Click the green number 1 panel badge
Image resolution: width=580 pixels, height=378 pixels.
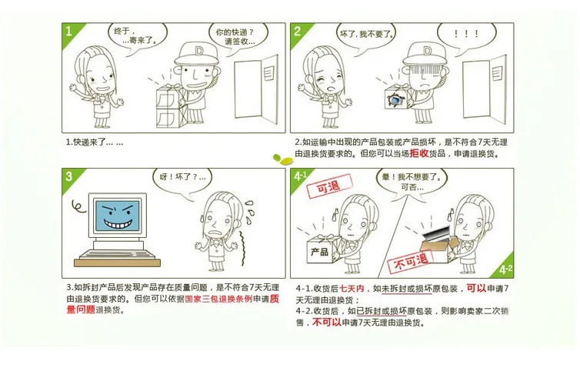[x=69, y=32]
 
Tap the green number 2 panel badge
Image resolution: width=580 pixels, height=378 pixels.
[x=298, y=32]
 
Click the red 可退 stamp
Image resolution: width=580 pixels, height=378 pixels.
[x=328, y=186]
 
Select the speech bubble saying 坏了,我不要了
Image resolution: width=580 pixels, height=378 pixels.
[x=365, y=35]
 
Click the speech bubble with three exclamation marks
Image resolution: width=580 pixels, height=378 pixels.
[x=466, y=35]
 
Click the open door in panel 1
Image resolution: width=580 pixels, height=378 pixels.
[x=256, y=89]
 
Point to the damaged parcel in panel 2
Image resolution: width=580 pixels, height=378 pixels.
[x=397, y=97]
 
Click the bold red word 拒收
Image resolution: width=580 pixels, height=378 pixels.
[x=418, y=153]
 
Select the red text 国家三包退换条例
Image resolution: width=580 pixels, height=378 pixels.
[x=218, y=299]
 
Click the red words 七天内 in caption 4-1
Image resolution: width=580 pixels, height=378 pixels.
[x=352, y=289]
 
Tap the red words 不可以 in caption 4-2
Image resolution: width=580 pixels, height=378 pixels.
[x=327, y=322]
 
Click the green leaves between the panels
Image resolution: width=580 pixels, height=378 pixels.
[x=283, y=159]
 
